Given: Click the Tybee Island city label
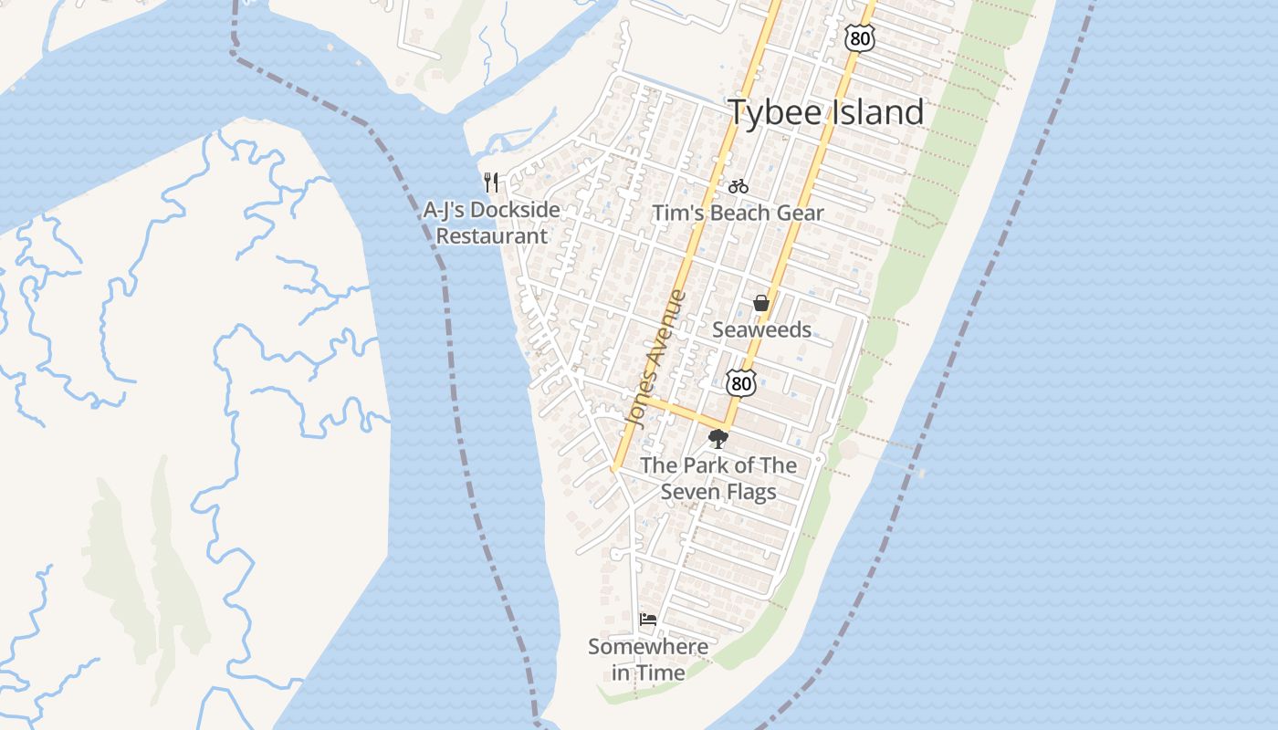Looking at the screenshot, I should [x=825, y=112].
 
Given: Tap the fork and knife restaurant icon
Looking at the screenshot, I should [x=491, y=182].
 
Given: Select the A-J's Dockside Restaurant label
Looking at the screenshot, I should [x=491, y=223].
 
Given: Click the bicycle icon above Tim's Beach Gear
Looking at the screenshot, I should [x=739, y=187].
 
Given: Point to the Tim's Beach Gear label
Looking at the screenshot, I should [x=738, y=214].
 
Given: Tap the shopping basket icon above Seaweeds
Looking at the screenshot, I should [x=761, y=303].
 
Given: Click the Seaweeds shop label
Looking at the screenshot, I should [x=761, y=330].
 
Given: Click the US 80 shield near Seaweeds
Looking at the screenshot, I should [x=741, y=383].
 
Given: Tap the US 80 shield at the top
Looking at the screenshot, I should [x=860, y=37].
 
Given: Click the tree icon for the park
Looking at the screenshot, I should [x=718, y=439].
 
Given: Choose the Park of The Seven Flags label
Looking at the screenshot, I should [x=718, y=478].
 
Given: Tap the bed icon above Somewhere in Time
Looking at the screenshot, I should [x=648, y=619].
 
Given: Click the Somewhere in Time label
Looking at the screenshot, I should [x=648, y=660].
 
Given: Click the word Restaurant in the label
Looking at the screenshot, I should [x=491, y=236].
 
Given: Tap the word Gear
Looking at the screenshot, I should [x=800, y=214].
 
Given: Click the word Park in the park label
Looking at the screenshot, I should [x=707, y=465].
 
